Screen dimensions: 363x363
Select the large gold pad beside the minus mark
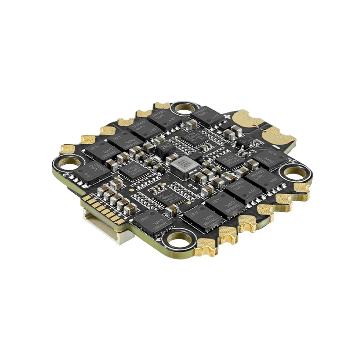(278, 135)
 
